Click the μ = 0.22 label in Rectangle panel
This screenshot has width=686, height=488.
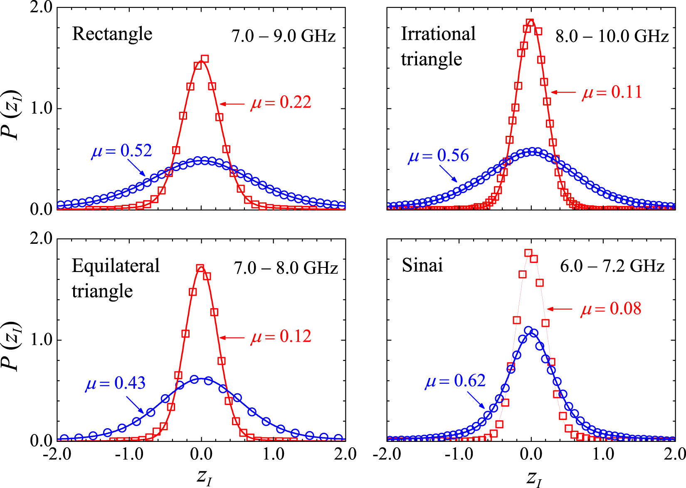tap(281, 102)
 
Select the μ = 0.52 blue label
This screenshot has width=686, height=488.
tap(122, 150)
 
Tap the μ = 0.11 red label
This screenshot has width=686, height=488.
tap(612, 92)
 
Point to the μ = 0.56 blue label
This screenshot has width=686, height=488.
tap(439, 156)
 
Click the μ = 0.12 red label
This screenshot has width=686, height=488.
tap(281, 336)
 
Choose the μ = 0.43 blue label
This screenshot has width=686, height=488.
tap(116, 383)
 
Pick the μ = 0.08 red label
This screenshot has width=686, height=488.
tap(611, 309)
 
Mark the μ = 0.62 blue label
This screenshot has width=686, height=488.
tap(455, 381)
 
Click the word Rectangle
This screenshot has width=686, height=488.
tap(112, 34)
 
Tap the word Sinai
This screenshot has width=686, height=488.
tap(422, 265)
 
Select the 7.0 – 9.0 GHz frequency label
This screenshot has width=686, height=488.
tap(284, 37)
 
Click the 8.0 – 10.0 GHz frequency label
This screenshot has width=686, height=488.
tap(612, 37)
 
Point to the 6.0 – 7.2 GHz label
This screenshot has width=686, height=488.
tap(612, 266)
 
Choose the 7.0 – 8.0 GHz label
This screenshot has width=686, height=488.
tap(286, 268)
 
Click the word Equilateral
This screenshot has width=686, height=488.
tap(116, 266)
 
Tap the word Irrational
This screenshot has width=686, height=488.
tap(438, 34)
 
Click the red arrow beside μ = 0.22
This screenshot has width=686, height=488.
tap(232, 104)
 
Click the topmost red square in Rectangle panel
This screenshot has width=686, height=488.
tap(204, 59)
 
